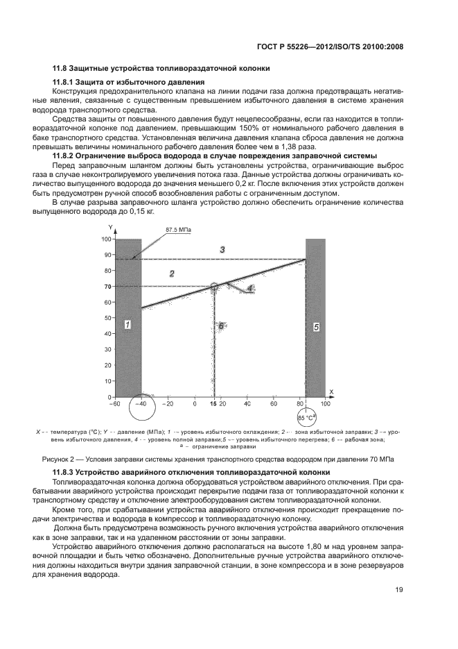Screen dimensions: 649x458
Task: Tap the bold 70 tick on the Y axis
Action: pos(107,287)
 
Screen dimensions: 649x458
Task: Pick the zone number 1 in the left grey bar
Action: pos(127,324)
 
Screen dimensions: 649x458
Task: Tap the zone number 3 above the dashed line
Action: pos(222,249)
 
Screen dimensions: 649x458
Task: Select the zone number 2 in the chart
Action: pos(171,274)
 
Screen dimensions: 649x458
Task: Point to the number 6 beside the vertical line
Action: pos(220,325)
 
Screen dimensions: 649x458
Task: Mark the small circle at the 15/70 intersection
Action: pos(214,286)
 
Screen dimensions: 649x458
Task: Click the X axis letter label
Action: pos(331,392)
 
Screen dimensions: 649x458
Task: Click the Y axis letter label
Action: pos(110,228)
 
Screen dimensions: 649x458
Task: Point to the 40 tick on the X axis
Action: pos(247,403)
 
